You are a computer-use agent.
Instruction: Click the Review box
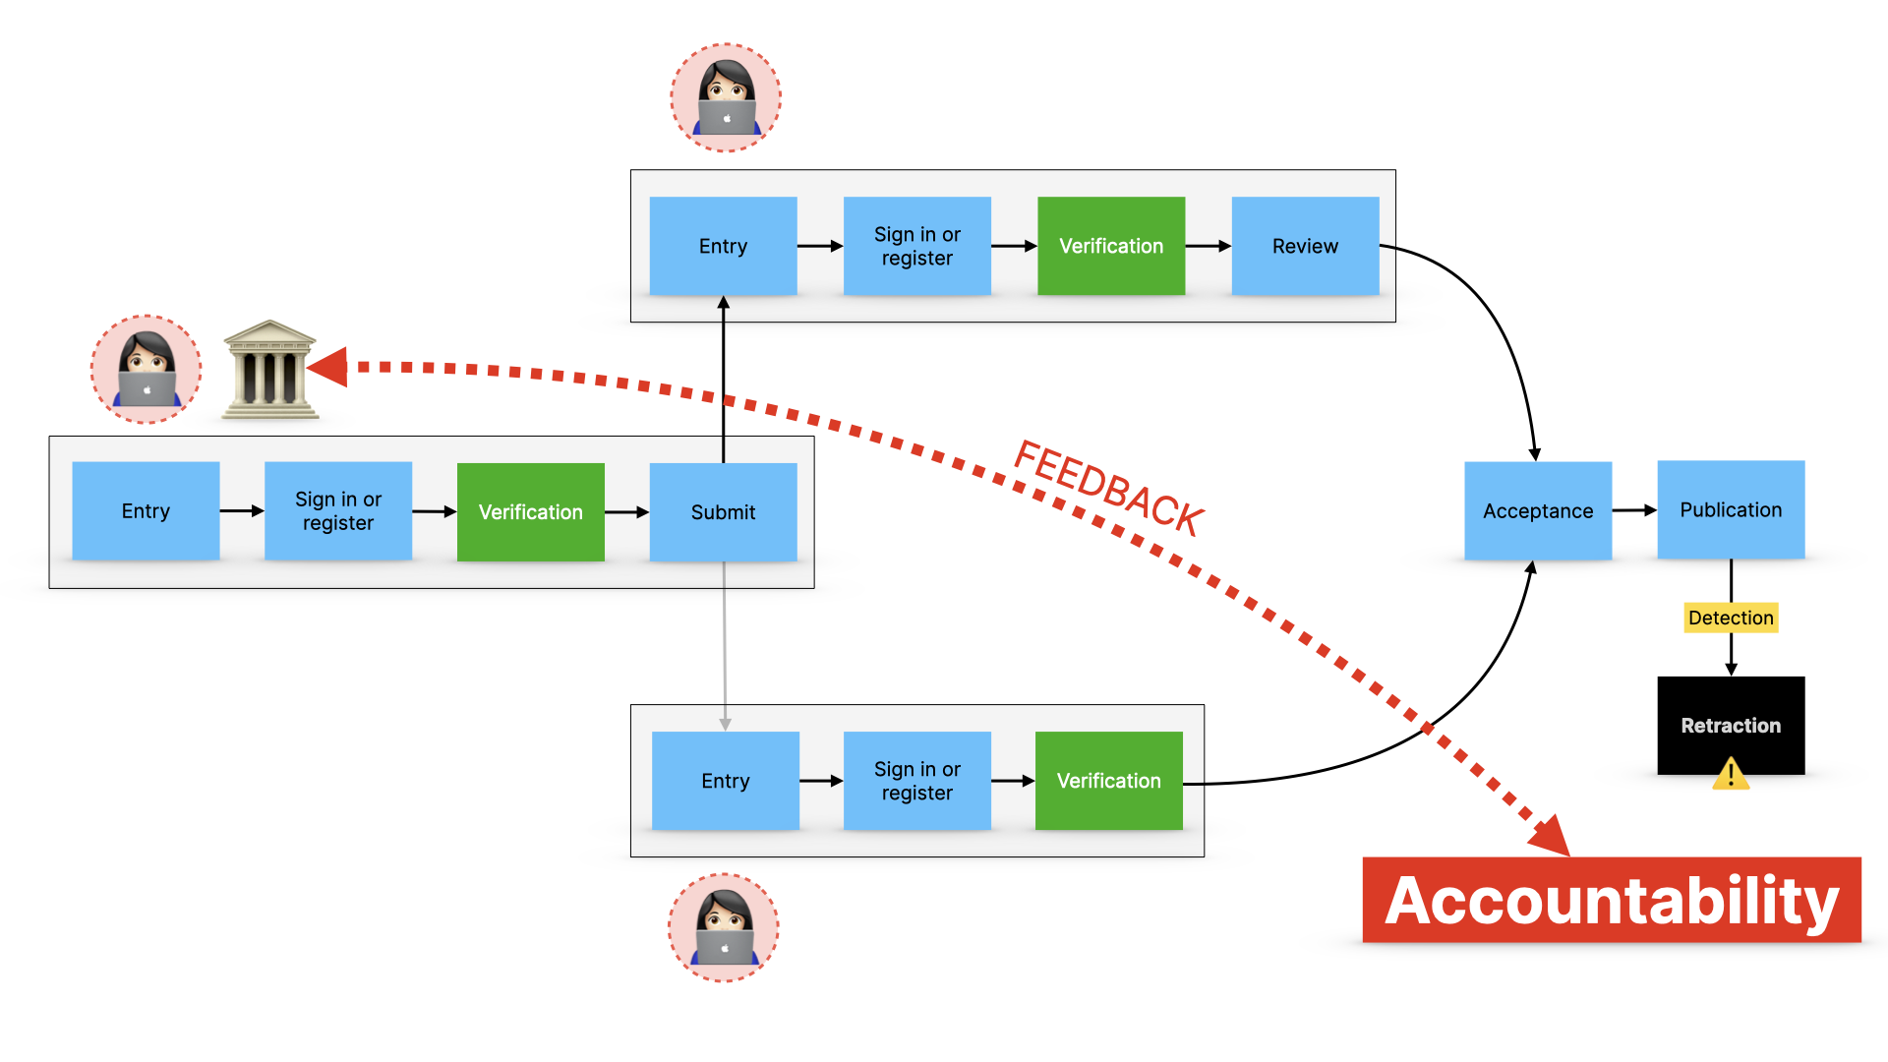(1305, 246)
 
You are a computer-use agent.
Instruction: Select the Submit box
(723, 511)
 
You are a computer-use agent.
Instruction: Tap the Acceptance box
(1537, 510)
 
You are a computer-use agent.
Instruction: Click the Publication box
(1731, 509)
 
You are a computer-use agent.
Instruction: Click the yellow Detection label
(1731, 618)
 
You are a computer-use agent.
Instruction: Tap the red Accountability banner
(1611, 900)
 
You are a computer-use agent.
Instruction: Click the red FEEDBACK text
(1108, 489)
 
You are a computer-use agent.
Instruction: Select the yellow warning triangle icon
(1731, 774)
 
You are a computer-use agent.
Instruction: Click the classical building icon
(269, 370)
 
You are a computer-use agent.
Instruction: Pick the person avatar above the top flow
(726, 97)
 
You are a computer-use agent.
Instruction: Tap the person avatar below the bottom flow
(724, 927)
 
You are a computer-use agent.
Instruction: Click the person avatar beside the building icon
(147, 370)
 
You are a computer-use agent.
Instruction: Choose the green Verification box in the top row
(1111, 246)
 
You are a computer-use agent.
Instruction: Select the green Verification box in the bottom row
(1108, 781)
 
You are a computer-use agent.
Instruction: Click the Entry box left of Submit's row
(146, 511)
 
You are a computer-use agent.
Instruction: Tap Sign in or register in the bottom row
(916, 781)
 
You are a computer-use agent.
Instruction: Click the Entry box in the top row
(723, 246)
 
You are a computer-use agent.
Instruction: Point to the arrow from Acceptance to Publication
(1634, 510)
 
